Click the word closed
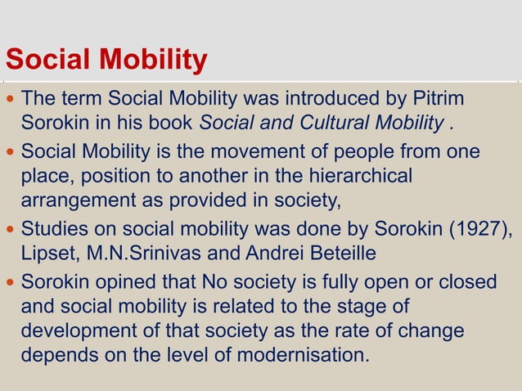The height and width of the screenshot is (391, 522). point(467,281)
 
